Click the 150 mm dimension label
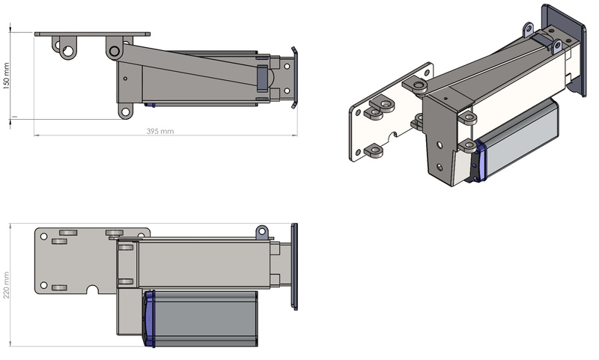click(x=7, y=76)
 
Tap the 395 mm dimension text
click(x=160, y=131)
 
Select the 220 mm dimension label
click(x=7, y=285)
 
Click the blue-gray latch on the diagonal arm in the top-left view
click(x=263, y=79)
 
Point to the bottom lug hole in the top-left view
click(x=125, y=112)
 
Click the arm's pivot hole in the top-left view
click(x=115, y=51)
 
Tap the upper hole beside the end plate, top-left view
click(x=287, y=67)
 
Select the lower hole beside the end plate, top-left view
click(x=287, y=91)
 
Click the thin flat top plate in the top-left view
click(x=92, y=34)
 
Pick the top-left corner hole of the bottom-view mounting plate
click(x=43, y=237)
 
